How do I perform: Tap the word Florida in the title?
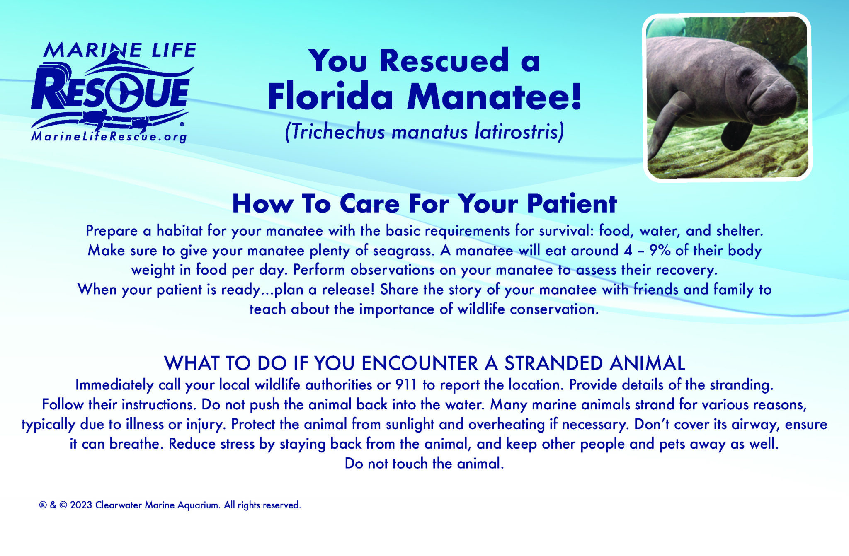[330, 97]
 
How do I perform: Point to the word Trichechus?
[337, 132]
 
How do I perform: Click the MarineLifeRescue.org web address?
[109, 136]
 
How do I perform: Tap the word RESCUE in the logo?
[110, 93]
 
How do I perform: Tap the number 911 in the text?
[406, 385]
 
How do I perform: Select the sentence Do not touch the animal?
[424, 463]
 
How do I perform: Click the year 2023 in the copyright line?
[81, 505]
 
